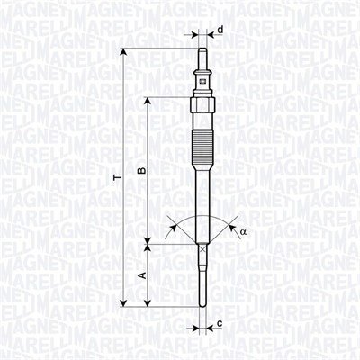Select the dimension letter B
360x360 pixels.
coord(139,168)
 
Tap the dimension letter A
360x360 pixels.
coord(140,275)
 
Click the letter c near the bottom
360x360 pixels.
coord(219,322)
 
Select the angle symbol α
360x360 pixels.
coord(241,232)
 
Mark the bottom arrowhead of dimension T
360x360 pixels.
coord(123,302)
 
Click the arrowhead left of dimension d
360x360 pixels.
coord(193,34)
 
